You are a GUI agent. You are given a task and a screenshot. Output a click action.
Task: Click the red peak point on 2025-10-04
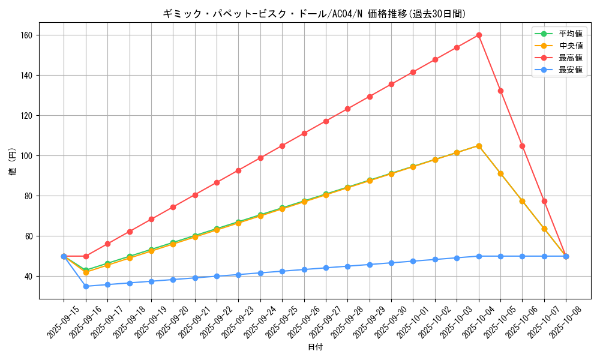[479, 35]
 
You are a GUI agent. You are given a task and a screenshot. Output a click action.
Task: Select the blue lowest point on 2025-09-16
[86, 286]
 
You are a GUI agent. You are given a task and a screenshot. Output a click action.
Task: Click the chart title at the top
[314, 14]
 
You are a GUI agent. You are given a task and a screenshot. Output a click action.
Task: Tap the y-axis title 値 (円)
[12, 162]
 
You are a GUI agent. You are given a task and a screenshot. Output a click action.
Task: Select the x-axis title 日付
[314, 347]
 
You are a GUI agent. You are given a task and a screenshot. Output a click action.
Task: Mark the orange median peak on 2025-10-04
[479, 146]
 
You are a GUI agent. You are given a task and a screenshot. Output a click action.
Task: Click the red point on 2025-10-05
[500, 91]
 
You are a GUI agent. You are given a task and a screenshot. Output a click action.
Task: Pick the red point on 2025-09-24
[260, 158]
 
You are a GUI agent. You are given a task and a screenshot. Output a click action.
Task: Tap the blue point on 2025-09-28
[347, 266]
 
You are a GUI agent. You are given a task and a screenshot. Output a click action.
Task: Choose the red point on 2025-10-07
[544, 201]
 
